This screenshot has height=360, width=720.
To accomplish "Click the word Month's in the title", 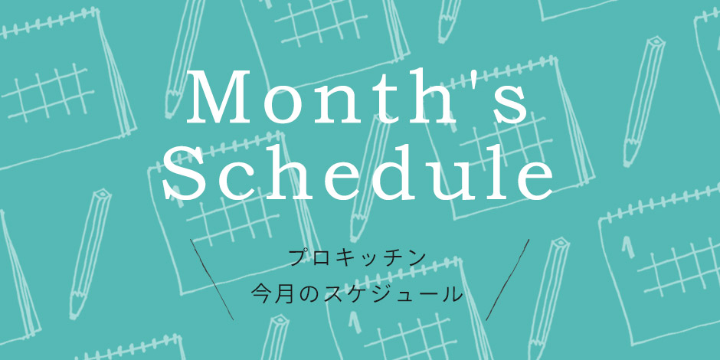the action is pyautogui.click(x=357, y=97).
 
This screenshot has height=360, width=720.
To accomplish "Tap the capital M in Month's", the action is pyautogui.click(x=221, y=98).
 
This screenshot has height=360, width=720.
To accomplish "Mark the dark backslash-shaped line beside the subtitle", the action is pyautogui.click(x=211, y=279).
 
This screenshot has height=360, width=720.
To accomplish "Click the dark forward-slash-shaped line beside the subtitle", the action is pyautogui.click(x=507, y=279).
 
